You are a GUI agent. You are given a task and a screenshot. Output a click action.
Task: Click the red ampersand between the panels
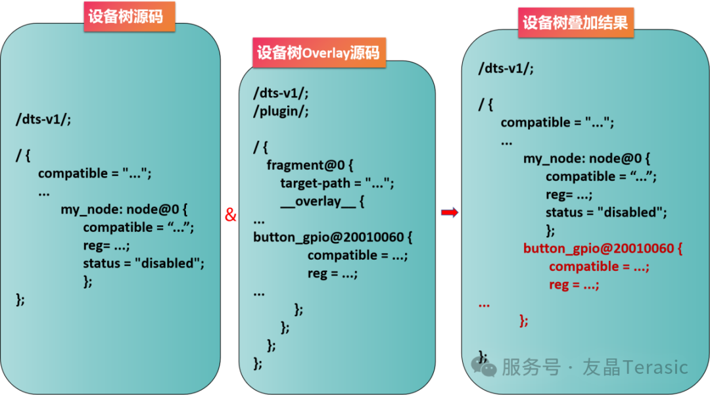click(231, 214)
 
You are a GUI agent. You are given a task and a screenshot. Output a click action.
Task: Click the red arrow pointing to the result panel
click(450, 212)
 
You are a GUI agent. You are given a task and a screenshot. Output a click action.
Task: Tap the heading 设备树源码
click(126, 16)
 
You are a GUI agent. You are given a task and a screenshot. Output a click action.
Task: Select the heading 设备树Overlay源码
click(319, 53)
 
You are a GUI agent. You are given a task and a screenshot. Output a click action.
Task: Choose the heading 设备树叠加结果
click(575, 22)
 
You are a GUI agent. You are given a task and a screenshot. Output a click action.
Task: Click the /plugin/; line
click(281, 111)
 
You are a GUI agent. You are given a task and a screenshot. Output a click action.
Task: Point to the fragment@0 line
click(310, 165)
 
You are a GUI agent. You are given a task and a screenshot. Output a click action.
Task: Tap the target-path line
click(337, 183)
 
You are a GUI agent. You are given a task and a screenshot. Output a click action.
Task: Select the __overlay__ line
click(322, 201)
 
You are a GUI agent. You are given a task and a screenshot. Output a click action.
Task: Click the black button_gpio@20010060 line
click(333, 237)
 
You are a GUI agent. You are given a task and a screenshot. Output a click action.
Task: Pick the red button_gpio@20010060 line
click(603, 248)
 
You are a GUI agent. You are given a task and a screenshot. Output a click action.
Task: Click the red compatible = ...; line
click(599, 266)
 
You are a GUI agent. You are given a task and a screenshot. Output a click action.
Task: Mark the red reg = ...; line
click(574, 285)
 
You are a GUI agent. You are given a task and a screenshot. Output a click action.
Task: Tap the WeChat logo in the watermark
click(484, 367)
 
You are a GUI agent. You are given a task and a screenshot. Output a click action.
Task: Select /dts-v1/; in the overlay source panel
click(281, 93)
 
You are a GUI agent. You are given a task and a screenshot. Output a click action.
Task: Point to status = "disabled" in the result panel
click(606, 212)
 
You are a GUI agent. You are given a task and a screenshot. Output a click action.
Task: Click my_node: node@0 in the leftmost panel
click(124, 209)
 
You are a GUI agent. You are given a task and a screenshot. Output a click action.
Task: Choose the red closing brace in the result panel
click(523, 321)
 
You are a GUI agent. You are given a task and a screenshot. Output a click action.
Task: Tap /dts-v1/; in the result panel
click(506, 68)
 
